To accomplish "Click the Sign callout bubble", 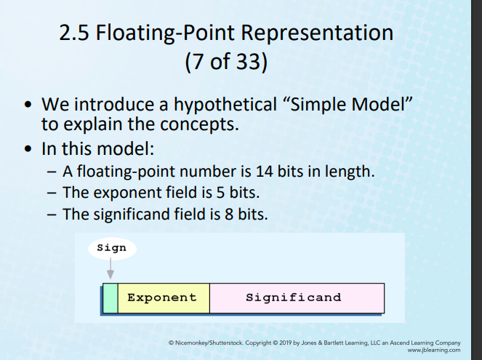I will pyautogui.click(x=111, y=248).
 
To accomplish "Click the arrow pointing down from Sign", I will pyautogui.click(x=111, y=269).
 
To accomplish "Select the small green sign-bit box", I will pyautogui.click(x=110, y=298).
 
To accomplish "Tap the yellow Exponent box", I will pyautogui.click(x=163, y=298).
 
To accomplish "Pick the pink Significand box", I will pyautogui.click(x=294, y=298).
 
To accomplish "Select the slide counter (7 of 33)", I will pyautogui.click(x=226, y=62).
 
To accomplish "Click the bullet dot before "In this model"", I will pyautogui.click(x=28, y=149).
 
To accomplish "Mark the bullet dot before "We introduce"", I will pyautogui.click(x=28, y=104).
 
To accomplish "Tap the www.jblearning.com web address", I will pyautogui.click(x=434, y=349).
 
